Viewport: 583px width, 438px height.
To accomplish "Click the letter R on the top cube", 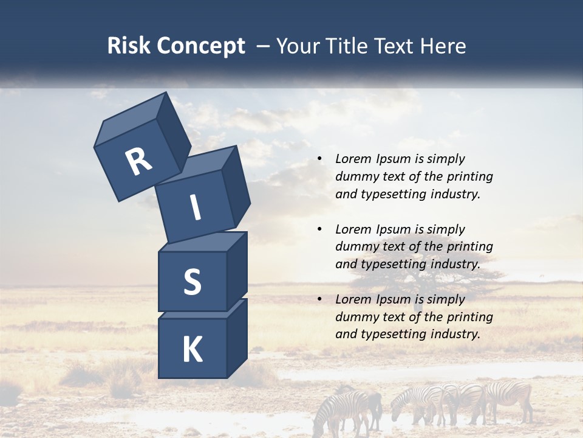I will pos(138,161).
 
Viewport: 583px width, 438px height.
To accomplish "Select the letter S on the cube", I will pos(192,282).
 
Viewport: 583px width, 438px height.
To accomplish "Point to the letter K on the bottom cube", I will pos(192,350).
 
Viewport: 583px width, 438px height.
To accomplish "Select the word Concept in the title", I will pos(201,46).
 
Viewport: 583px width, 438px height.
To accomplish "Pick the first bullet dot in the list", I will pos(319,159).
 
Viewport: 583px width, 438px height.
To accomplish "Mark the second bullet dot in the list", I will pos(319,229).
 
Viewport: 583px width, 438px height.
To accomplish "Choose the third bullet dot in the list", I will pos(319,299).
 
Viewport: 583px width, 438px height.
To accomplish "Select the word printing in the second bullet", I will pos(469,246).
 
